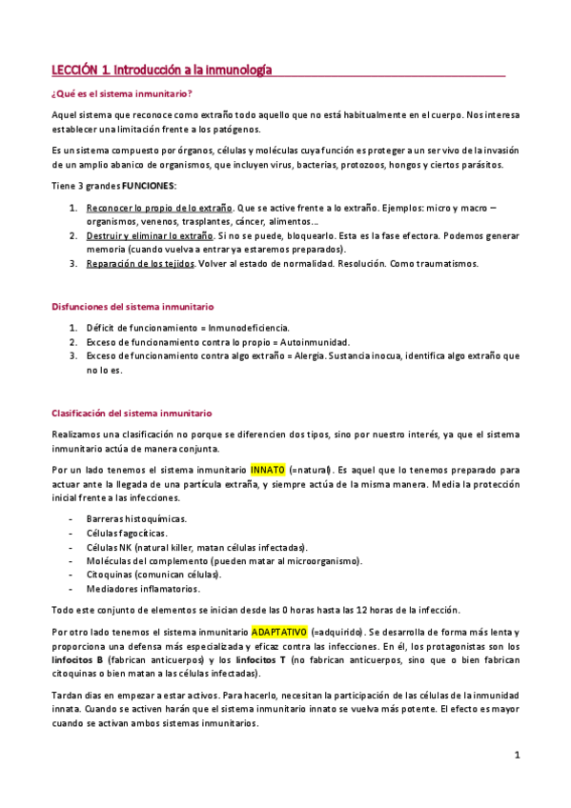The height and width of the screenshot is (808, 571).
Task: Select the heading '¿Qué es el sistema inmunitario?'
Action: (121, 93)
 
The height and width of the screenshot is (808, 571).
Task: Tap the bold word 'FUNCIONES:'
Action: (149, 186)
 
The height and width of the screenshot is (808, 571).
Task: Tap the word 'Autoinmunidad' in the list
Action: (310, 341)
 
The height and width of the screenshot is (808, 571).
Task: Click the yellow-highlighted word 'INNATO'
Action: (267, 470)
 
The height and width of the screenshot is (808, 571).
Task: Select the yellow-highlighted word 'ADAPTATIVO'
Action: (279, 631)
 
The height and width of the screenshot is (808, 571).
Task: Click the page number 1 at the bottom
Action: (516, 756)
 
